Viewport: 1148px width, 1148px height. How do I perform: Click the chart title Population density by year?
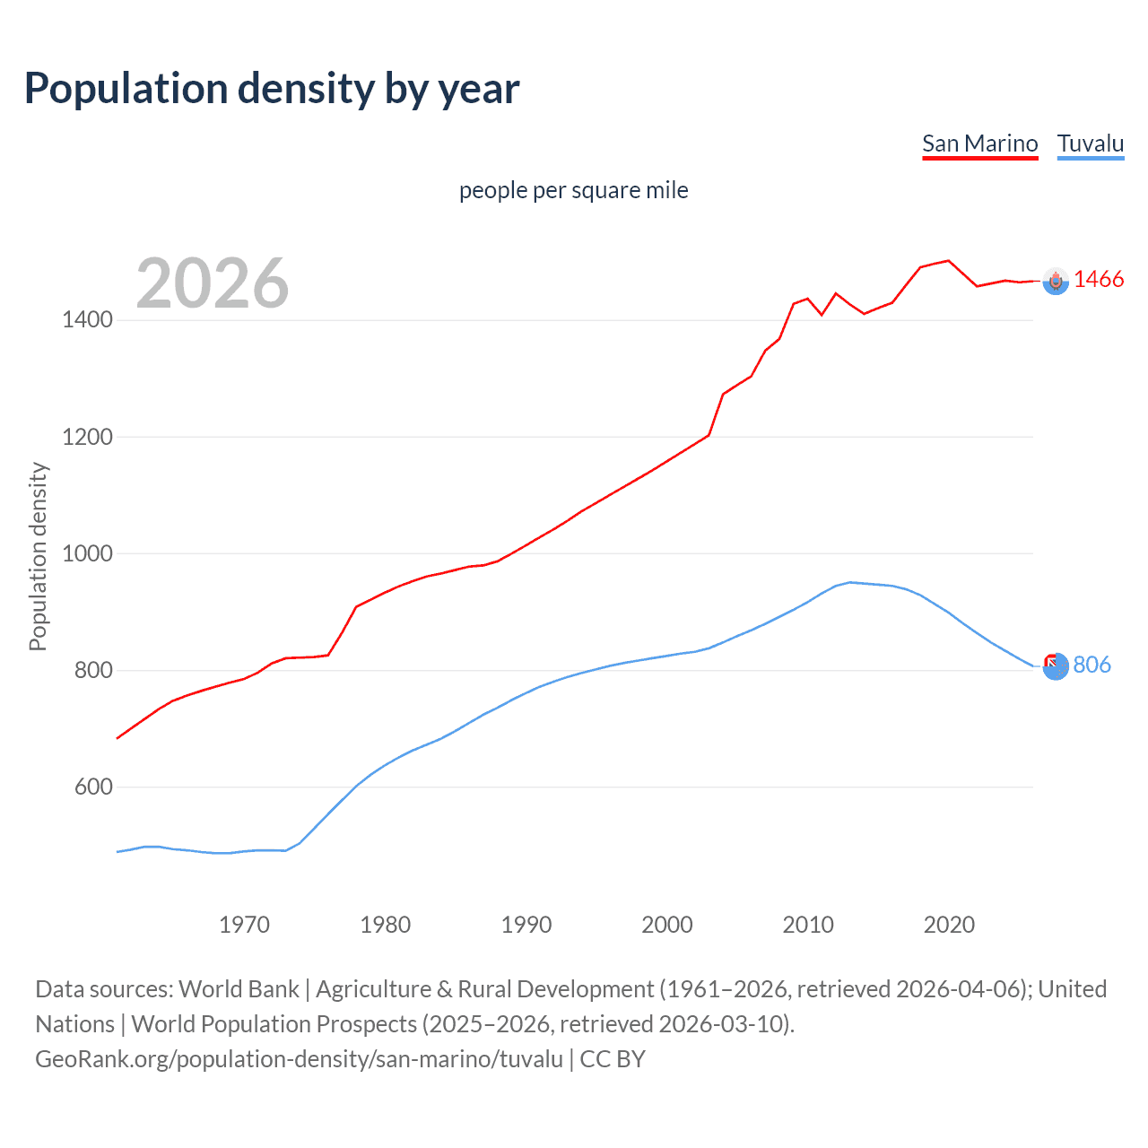coord(272,89)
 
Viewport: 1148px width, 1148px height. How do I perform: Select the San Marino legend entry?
coord(979,143)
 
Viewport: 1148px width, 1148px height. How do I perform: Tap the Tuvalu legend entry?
coord(1090,143)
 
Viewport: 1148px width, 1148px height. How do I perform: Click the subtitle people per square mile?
coord(573,190)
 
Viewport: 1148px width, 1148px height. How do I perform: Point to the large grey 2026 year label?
coord(213,283)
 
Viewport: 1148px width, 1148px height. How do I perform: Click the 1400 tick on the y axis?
coord(87,320)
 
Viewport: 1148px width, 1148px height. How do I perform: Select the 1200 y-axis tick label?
coord(87,437)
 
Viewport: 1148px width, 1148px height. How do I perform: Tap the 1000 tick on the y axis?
coord(87,553)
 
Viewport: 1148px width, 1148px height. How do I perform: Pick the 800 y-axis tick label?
coord(94,670)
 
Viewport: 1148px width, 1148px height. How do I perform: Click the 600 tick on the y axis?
coord(94,787)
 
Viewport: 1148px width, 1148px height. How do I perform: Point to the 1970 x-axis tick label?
coord(244,925)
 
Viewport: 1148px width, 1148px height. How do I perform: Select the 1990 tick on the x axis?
coord(526,925)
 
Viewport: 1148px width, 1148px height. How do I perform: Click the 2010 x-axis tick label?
coord(808,925)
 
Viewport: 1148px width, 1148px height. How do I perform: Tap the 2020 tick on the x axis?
coord(949,925)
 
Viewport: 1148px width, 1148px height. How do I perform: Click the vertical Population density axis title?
coord(38,556)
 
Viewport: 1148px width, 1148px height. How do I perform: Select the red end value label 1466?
coord(1099,280)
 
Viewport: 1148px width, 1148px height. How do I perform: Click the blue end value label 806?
coord(1091,665)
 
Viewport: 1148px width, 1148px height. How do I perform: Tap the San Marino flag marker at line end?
coord(1056,282)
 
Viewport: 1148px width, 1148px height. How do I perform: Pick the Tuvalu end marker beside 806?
coord(1056,666)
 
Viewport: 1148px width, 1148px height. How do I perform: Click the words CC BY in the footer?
coord(613,1059)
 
